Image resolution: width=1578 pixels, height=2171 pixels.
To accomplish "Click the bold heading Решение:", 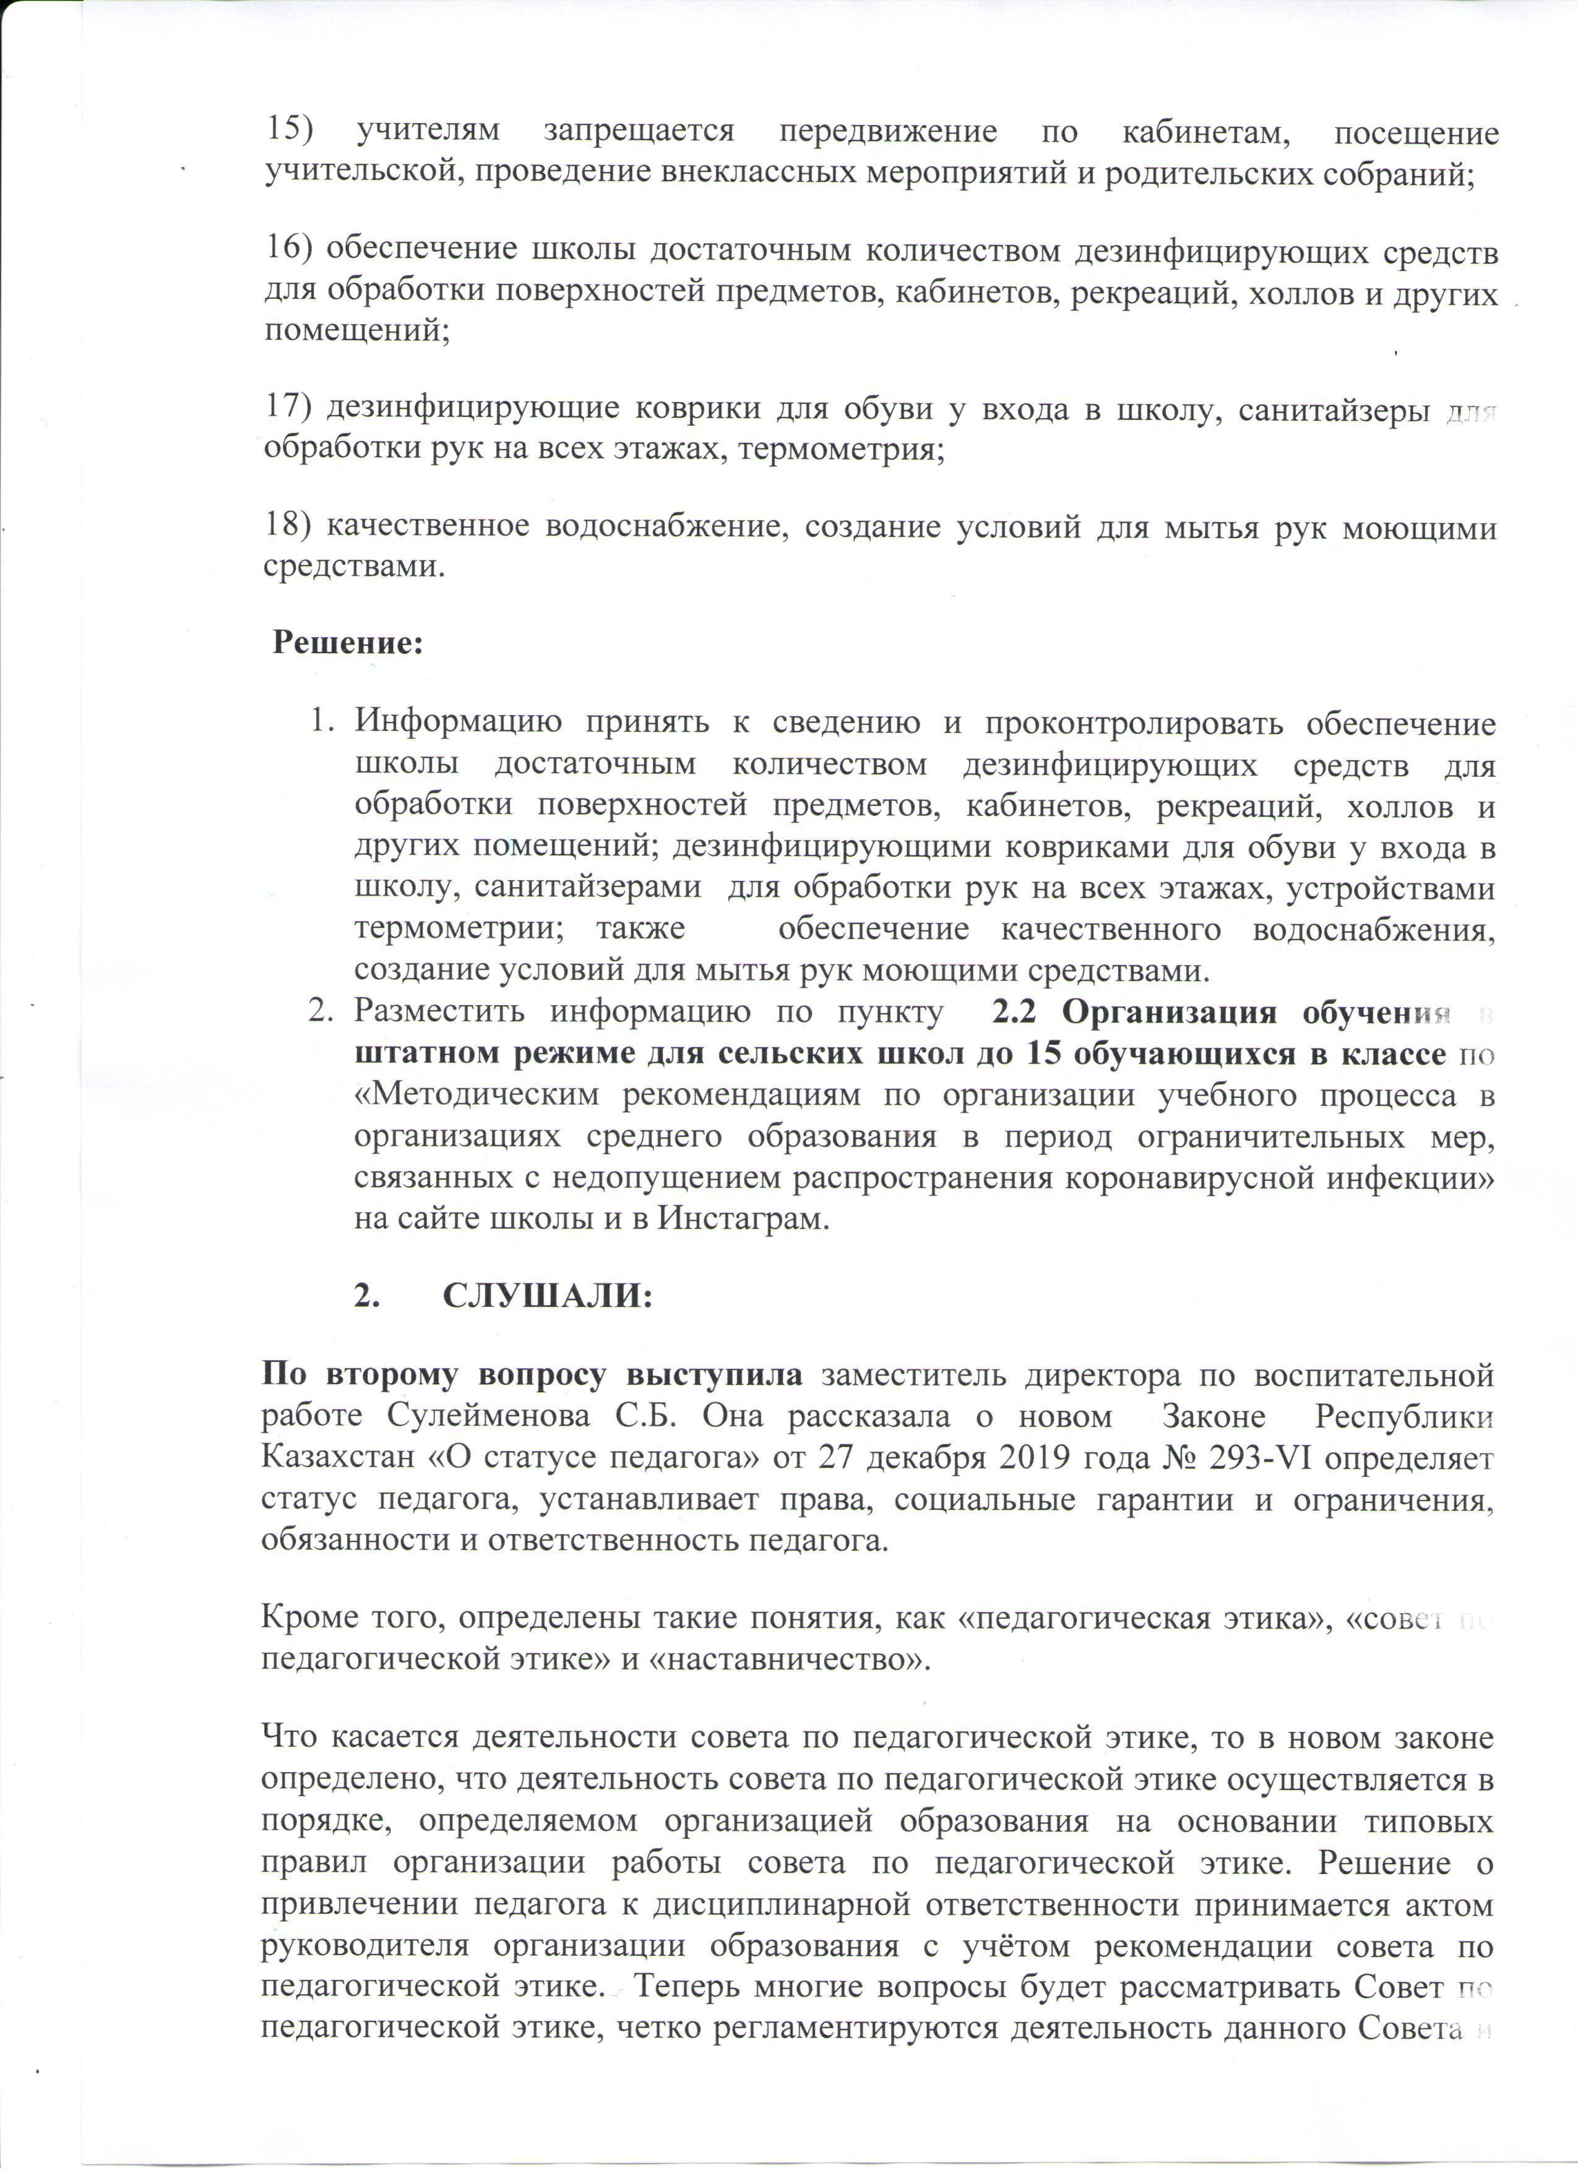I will click(x=348, y=642).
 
